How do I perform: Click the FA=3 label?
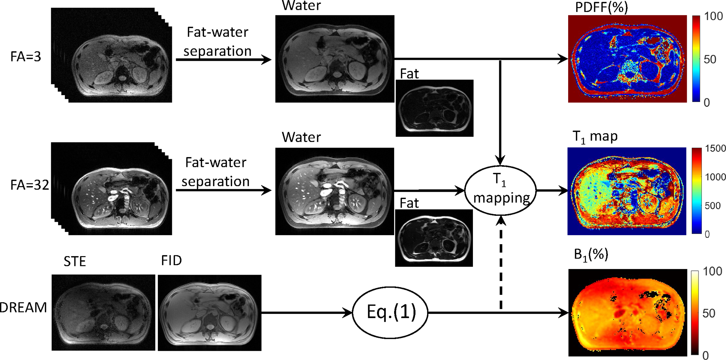pos(26,57)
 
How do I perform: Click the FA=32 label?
pos(30,185)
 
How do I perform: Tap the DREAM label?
pos(23,308)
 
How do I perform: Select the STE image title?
pos(75,261)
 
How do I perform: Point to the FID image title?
pos(172,261)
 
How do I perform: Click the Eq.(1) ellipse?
pos(390,312)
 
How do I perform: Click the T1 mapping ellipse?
pos(501,190)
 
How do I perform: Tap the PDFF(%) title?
pos(601,7)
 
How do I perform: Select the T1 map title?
pos(595,136)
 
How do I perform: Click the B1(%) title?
pos(591,255)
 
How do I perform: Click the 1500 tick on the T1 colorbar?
pos(715,149)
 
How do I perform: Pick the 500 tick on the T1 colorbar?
pos(712,206)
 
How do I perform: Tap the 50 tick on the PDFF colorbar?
pos(710,59)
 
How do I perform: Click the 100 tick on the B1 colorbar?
pos(712,271)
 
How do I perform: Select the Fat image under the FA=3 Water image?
pos(434,108)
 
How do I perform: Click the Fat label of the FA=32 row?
pos(409,203)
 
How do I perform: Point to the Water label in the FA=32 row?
pos(301,137)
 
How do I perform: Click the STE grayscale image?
pos(103,312)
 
